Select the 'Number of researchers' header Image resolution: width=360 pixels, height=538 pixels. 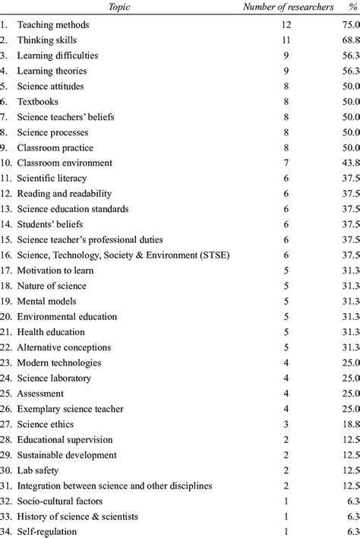tap(287, 8)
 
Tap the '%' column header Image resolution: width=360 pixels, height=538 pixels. tap(351, 8)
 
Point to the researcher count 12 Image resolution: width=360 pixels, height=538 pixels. tap(286, 25)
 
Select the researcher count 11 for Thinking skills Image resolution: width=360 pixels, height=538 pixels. tap(286, 40)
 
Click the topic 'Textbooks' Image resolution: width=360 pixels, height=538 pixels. tap(38, 102)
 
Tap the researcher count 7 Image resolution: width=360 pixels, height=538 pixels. tap(286, 163)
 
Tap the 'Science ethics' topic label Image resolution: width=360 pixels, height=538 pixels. tap(48, 424)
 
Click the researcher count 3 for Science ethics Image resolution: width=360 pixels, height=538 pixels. tap(286, 424)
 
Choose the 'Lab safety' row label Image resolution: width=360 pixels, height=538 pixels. tap(39, 470)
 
